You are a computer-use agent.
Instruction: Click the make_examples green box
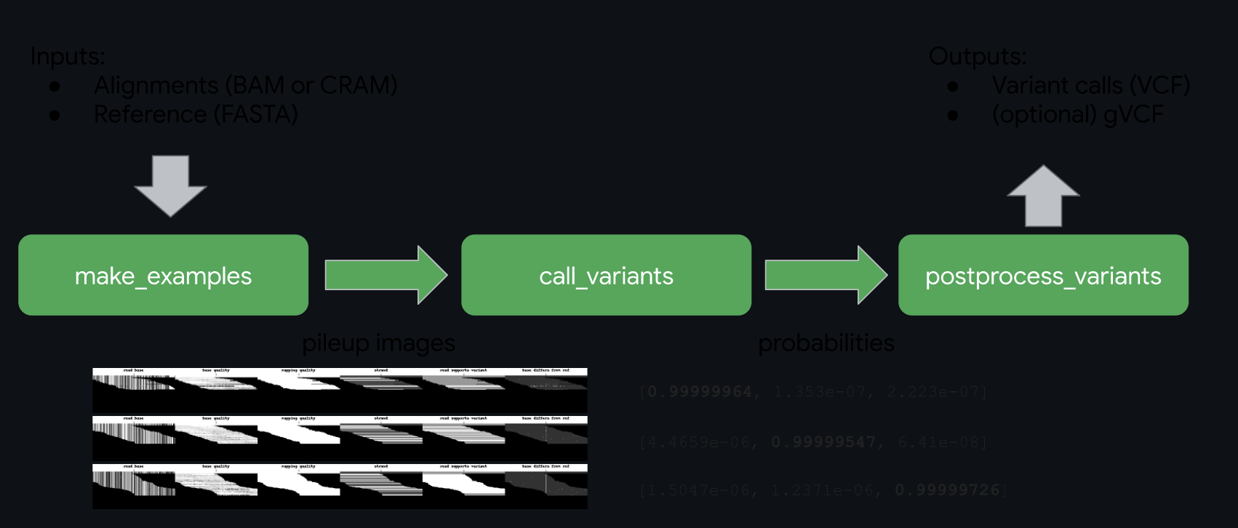163,275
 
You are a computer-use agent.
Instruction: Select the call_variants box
606,275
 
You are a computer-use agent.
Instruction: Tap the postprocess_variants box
1043,275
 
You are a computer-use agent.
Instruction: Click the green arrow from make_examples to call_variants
386,275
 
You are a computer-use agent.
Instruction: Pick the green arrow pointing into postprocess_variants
826,275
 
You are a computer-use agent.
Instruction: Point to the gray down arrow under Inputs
171,185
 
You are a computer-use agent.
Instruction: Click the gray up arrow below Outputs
1043,196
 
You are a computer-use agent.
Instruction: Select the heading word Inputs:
68,56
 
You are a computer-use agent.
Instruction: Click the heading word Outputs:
978,56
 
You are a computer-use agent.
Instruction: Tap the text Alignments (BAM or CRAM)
245,85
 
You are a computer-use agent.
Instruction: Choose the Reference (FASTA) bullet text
196,114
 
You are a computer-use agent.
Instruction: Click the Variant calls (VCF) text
1090,85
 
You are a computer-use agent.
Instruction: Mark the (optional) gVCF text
1077,114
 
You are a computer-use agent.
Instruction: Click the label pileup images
378,343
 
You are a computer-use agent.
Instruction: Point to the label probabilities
826,343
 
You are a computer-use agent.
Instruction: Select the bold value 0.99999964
699,392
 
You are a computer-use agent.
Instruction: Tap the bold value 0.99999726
947,490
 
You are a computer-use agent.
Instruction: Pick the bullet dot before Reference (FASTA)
55,115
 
